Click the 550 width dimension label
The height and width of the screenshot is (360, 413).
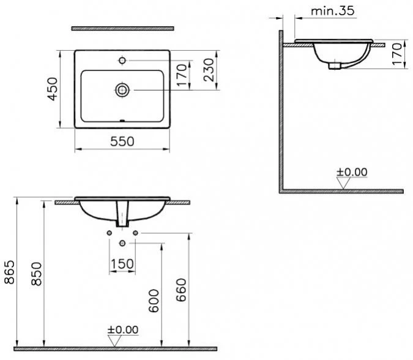pyautogui.click(x=122, y=141)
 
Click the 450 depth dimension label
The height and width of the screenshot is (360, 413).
pyautogui.click(x=53, y=89)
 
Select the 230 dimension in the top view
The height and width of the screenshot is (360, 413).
pyautogui.click(x=209, y=70)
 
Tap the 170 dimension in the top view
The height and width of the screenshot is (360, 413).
pyautogui.click(x=182, y=75)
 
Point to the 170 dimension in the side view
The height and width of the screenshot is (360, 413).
pyautogui.click(x=397, y=54)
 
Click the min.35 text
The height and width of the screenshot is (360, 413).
pyautogui.click(x=333, y=11)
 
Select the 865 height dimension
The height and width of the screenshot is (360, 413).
pyautogui.click(x=9, y=272)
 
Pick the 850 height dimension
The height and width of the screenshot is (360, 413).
pyautogui.click(x=36, y=274)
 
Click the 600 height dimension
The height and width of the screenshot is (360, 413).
pyautogui.click(x=154, y=301)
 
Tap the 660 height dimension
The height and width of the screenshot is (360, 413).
pyautogui.click(x=181, y=290)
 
